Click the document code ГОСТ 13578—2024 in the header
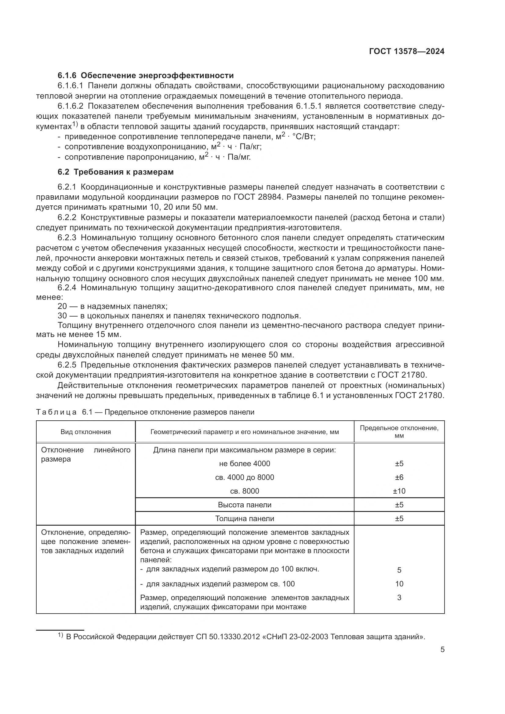coord(406,51)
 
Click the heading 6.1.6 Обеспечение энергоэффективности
coord(146,76)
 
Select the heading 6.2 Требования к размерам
coord(116,172)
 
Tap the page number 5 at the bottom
coord(442,650)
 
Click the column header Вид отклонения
coord(85,432)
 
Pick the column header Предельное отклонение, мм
coord(399,432)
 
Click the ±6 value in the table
coord(399,477)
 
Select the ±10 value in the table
coord(399,491)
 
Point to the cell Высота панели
coord(245,505)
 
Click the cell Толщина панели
coord(245,518)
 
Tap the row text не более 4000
coord(245,464)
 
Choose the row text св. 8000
coord(245,491)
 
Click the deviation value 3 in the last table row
coord(399,597)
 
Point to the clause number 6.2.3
coord(67,238)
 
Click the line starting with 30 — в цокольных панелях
coord(179,316)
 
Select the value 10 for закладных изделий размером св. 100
coord(399,584)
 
